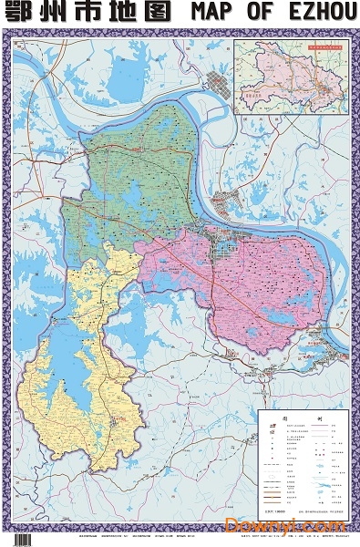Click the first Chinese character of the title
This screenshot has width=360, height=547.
point(19,13)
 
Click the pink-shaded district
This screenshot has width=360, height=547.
point(264,283)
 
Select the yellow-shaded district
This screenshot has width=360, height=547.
point(91,383)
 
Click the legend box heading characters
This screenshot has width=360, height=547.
point(301,416)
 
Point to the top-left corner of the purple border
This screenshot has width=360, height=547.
point(12,33)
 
